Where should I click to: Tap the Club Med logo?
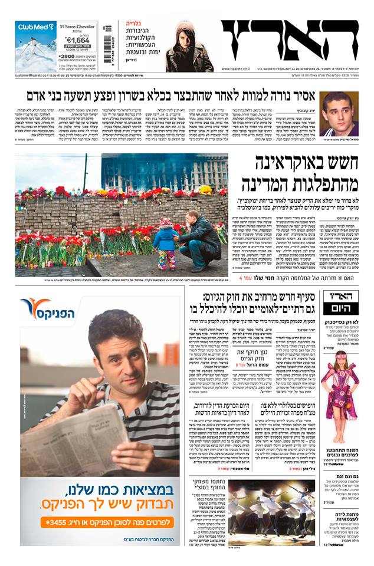36,27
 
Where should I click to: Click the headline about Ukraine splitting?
307,173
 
